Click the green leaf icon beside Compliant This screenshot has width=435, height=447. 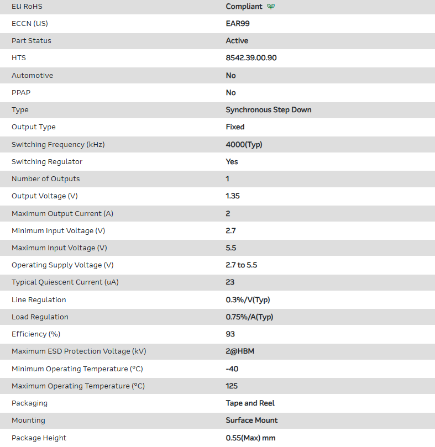tap(271, 7)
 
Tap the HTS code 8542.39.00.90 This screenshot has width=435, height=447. tap(251, 58)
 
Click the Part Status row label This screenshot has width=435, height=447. tap(31, 41)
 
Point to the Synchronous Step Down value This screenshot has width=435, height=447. tap(268, 110)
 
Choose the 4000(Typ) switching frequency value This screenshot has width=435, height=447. tap(244, 145)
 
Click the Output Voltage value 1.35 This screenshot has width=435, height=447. tap(233, 196)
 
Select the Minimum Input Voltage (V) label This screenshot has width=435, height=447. tap(58, 230)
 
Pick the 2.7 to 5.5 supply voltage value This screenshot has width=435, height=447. tap(241, 265)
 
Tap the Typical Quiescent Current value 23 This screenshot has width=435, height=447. tap(230, 282)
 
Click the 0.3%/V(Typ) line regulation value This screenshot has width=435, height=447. tap(248, 300)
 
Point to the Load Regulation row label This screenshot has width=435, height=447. tap(40, 317)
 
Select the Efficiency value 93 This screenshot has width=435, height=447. tap(230, 334)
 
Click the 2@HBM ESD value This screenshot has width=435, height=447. tap(240, 351)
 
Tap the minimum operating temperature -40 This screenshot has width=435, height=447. tap(232, 369)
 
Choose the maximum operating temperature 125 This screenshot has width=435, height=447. tap(232, 386)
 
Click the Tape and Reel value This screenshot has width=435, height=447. tap(250, 403)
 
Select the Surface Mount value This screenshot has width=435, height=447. tap(251, 420)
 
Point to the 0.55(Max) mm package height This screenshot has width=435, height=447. tap(250, 438)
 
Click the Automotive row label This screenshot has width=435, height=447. tap(32, 76)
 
